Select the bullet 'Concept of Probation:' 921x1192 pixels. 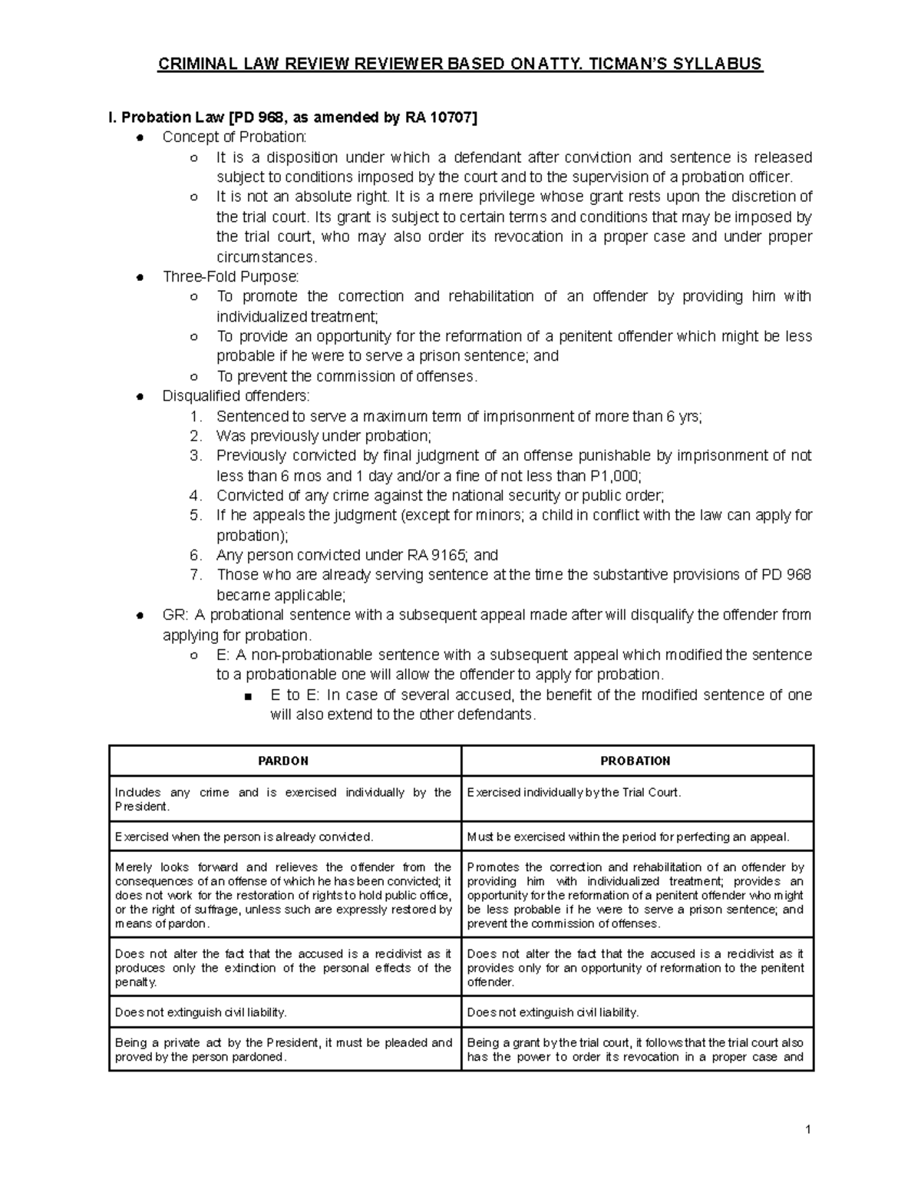tap(234, 137)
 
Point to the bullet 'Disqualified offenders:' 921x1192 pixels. tap(236, 396)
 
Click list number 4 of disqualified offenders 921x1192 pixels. tap(196, 496)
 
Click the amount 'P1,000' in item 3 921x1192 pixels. tap(616, 476)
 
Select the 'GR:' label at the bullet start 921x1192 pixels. tap(175, 615)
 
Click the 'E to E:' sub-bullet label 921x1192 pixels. tap(295, 695)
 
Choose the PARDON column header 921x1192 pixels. tap(283, 761)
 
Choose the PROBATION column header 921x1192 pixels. tap(635, 761)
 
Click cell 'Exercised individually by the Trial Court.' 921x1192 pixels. tap(574, 792)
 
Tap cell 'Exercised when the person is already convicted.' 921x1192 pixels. tap(244, 837)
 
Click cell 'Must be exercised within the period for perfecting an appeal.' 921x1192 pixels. tap(628, 837)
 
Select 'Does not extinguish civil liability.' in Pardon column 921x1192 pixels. tap(201, 1012)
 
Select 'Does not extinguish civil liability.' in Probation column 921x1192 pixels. tap(553, 1012)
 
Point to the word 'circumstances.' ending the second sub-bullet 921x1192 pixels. tap(266, 257)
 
